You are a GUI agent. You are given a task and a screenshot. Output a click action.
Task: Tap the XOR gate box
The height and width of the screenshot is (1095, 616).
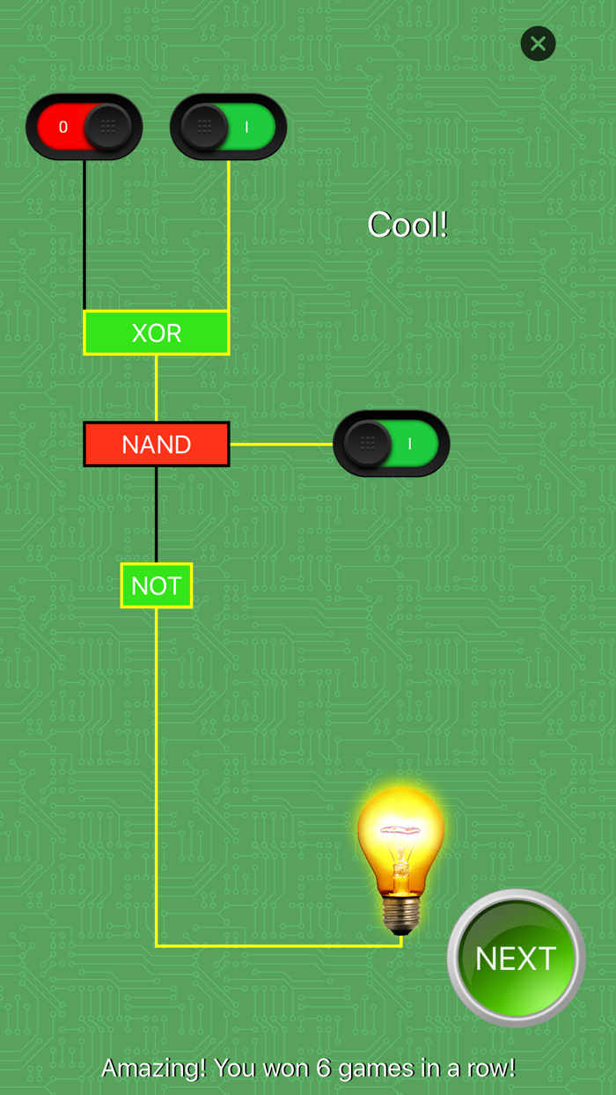click(x=157, y=333)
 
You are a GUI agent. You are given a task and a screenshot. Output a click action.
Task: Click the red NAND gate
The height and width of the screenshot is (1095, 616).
click(x=157, y=445)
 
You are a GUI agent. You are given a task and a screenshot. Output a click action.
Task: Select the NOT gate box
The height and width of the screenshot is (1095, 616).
click(x=157, y=585)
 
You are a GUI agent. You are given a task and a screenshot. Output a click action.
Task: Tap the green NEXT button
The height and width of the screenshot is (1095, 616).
click(x=516, y=958)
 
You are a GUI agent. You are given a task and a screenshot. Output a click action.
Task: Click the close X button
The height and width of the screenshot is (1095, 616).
click(x=538, y=43)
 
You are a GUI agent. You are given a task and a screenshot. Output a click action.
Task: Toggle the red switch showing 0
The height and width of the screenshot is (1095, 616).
click(x=84, y=127)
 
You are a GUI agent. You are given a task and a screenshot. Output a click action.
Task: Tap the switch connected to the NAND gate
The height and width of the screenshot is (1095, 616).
click(x=392, y=444)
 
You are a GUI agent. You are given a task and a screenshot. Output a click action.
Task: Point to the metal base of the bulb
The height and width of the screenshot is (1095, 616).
click(x=401, y=915)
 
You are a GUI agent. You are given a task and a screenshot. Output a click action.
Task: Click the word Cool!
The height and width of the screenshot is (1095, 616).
click(x=407, y=225)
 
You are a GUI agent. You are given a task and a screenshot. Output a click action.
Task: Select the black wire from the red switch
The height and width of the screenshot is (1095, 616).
click(x=84, y=234)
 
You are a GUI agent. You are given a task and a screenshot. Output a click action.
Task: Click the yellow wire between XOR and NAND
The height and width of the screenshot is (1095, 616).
click(x=157, y=388)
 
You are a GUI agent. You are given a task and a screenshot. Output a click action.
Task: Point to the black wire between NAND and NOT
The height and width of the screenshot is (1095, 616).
click(x=157, y=514)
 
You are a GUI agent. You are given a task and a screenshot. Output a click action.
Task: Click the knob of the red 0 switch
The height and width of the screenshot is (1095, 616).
click(x=107, y=127)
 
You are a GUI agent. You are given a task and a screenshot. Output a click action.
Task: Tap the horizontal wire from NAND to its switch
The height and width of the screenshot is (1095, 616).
click(x=281, y=445)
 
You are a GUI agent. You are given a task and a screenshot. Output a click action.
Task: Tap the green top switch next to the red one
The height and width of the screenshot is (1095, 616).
click(x=228, y=127)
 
